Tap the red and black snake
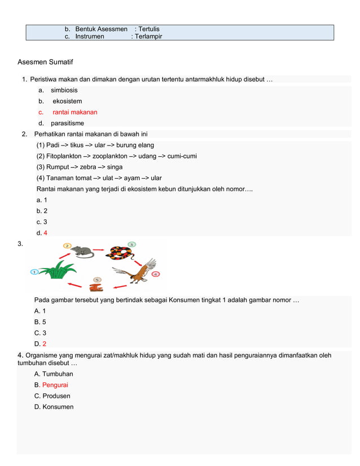(x=120, y=252)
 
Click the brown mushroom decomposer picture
(x=96, y=285)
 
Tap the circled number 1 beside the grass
(x=34, y=271)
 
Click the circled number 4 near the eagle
(x=156, y=274)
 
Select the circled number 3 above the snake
(x=131, y=244)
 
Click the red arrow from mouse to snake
(x=100, y=248)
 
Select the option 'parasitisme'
(x=67, y=123)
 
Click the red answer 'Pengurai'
(x=55, y=385)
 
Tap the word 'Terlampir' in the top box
(x=148, y=36)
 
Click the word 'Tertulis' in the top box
(x=148, y=29)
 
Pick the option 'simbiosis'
(x=64, y=90)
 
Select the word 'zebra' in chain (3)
(x=86, y=167)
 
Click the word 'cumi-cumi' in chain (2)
(x=182, y=156)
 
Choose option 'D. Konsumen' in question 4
(x=54, y=407)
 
